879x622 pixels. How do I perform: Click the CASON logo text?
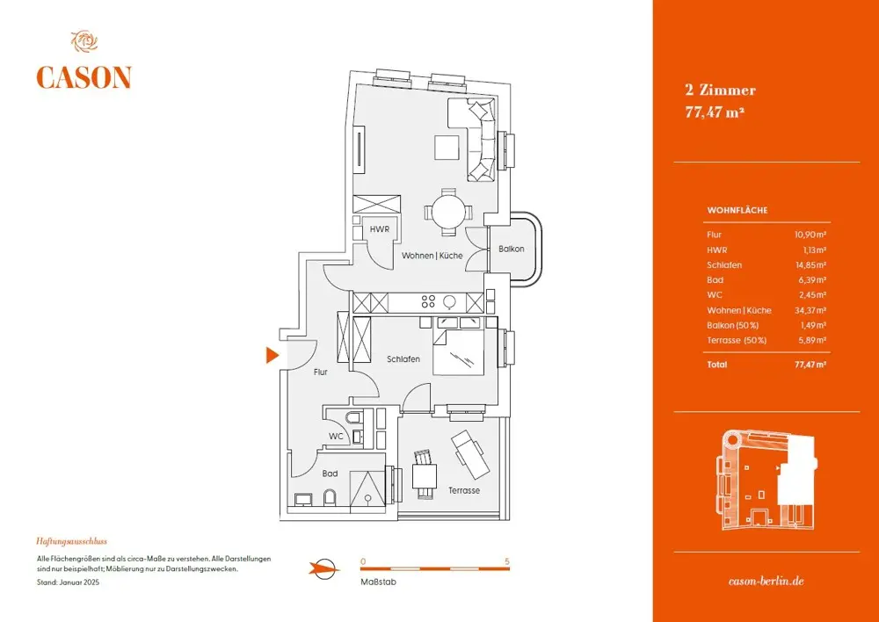pos(84,77)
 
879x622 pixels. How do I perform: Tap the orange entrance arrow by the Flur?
pos(272,355)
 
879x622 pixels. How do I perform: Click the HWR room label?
pos(379,229)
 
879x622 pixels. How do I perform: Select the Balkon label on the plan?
pos(511,249)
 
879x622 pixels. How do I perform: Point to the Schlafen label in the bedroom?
pos(403,359)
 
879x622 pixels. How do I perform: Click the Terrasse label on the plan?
pos(463,490)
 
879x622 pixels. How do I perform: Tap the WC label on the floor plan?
pos(336,436)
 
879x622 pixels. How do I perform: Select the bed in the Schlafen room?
pos(459,351)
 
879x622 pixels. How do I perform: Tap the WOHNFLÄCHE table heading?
pos(737,211)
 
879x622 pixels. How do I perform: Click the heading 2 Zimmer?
pos(720,90)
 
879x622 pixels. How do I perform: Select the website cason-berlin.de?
pos(766,582)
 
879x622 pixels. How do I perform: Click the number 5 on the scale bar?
pos(507,561)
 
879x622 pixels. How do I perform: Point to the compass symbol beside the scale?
pos(324,568)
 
